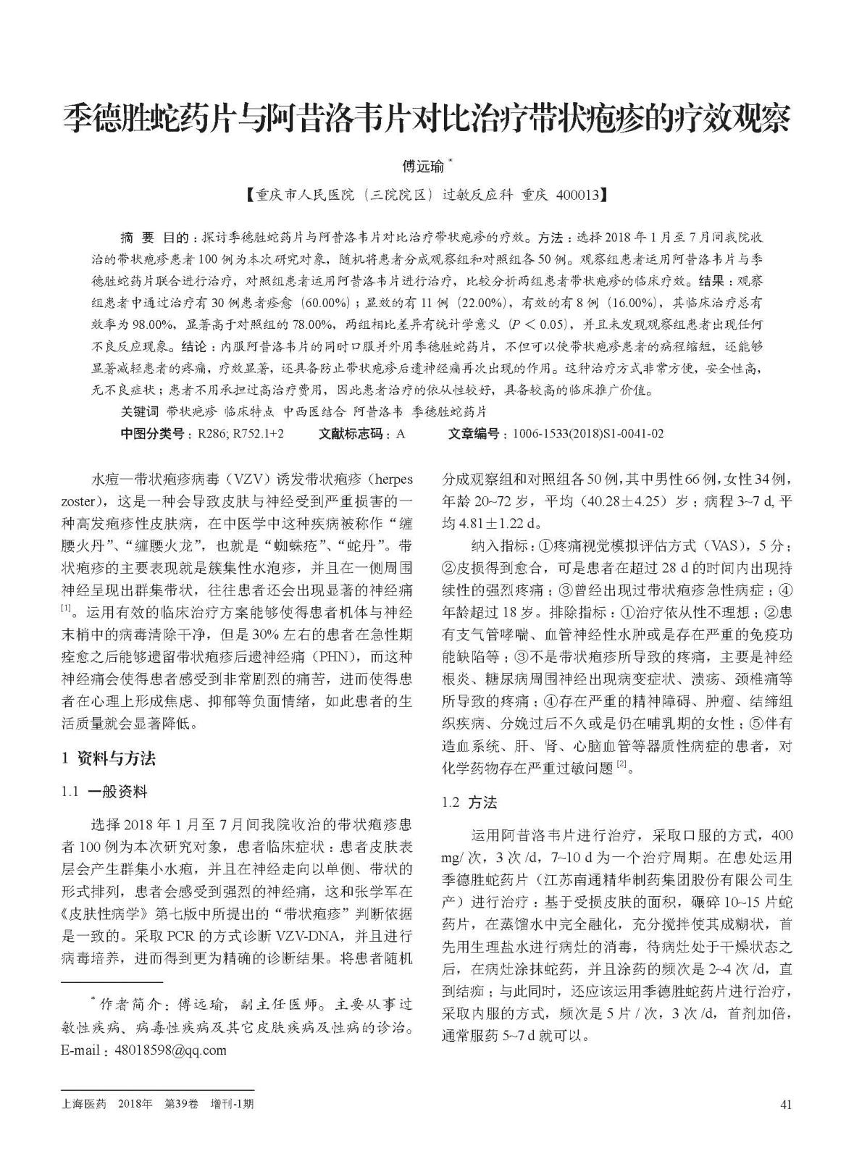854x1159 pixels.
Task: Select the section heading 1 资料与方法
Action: coord(108,758)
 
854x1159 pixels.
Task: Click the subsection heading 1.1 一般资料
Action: coord(105,792)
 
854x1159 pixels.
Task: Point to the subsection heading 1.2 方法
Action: coord(469,803)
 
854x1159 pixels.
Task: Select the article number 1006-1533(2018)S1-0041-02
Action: coord(587,434)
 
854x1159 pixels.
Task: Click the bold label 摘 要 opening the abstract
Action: coord(137,238)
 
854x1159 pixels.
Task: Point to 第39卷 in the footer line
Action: coord(180,1104)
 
